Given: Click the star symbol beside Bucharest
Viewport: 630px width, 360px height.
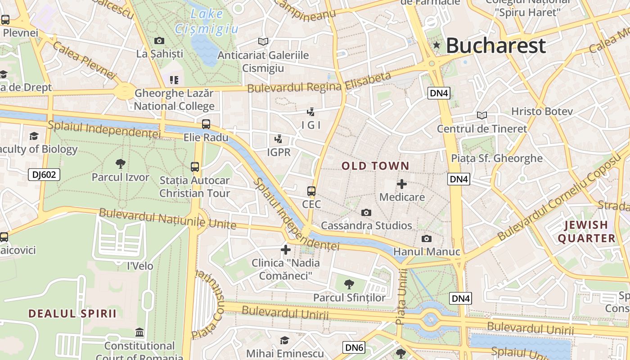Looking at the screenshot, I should (436, 45).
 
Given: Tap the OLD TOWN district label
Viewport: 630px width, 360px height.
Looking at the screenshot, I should (375, 166).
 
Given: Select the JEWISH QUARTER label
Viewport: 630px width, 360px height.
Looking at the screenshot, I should (586, 231).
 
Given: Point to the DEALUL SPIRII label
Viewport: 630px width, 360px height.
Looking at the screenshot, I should (72, 313).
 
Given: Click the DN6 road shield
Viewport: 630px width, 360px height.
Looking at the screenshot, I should (354, 347).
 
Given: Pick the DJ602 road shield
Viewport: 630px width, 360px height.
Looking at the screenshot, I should (44, 175).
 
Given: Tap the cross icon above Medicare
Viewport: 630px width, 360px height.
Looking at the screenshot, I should (402, 184).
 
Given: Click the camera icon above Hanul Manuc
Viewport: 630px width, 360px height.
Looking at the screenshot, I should (426, 238).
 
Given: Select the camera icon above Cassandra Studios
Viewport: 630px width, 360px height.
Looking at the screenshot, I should (366, 212).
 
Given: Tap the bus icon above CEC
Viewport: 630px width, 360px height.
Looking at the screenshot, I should (311, 191).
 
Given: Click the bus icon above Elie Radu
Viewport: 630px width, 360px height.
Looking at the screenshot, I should (206, 124).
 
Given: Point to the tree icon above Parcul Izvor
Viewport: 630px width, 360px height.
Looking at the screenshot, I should (120, 163).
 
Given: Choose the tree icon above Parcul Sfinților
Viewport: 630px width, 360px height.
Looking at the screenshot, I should (349, 284).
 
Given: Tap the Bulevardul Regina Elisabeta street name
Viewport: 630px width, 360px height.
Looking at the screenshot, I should (319, 83).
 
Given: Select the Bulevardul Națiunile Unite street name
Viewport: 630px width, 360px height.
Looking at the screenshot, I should (167, 218).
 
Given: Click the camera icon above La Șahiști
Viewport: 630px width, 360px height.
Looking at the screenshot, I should (159, 40).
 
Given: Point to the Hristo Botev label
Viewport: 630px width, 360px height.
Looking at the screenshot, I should (542, 111).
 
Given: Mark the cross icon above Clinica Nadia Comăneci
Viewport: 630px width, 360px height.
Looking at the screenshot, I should (286, 249).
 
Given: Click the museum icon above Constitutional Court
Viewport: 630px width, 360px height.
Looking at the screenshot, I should (140, 333).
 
